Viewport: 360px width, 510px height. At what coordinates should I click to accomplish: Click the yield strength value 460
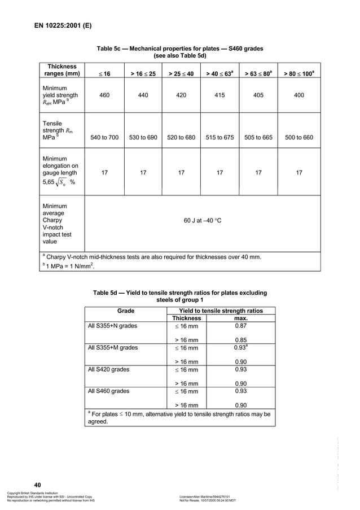(104, 95)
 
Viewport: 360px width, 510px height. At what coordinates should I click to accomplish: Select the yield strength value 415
(219, 95)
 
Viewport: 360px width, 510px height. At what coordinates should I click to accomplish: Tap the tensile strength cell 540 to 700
(104, 137)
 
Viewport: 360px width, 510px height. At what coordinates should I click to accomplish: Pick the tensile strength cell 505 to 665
(258, 137)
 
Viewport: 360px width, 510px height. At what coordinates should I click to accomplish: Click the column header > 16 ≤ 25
(143, 73)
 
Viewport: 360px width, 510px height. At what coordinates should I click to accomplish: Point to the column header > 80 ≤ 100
(298, 73)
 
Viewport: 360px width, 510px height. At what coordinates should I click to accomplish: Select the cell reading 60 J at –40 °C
(203, 220)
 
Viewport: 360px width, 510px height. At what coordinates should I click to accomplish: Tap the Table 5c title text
(180, 53)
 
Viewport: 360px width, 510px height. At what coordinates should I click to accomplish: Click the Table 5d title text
(180, 297)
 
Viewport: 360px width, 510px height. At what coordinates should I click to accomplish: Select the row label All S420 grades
(109, 369)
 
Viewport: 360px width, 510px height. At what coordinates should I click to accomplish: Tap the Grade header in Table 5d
(125, 311)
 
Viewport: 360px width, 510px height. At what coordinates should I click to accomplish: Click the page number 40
(38, 485)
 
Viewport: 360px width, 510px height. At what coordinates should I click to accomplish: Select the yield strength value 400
(298, 95)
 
